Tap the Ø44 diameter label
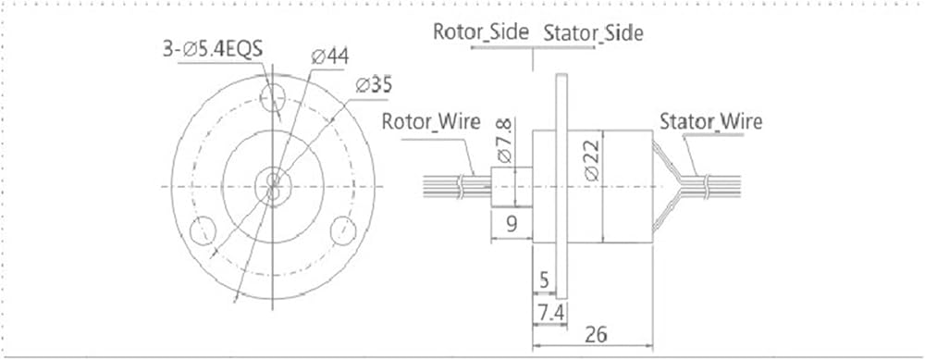click(330, 56)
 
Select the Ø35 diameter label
click(374, 85)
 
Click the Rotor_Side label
click(481, 31)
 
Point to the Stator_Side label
click(593, 33)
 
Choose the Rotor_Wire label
click(431, 121)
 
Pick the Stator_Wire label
click(710, 121)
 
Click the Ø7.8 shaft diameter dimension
click(506, 140)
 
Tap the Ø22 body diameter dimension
click(592, 159)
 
